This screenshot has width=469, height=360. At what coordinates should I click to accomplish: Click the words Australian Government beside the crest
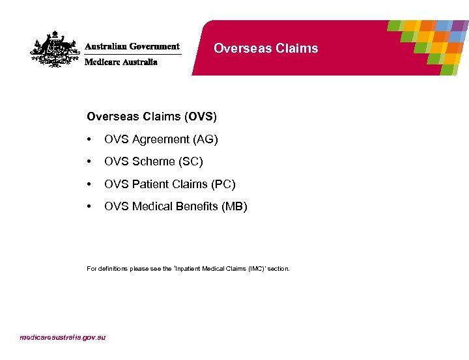click(x=132, y=47)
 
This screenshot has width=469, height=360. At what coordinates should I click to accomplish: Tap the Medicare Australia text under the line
click(x=121, y=62)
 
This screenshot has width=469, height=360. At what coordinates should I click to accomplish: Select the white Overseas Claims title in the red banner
click(x=266, y=48)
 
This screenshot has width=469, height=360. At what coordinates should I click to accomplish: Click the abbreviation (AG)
click(x=206, y=139)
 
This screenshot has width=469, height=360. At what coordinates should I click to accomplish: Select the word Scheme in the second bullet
click(x=154, y=161)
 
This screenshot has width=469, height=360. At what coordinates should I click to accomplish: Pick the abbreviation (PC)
click(x=223, y=184)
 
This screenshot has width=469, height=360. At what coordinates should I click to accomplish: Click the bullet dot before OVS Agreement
click(x=89, y=139)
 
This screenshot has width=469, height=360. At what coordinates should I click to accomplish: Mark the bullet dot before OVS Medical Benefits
click(x=89, y=206)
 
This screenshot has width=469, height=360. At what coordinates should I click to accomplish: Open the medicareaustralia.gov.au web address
click(x=63, y=337)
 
